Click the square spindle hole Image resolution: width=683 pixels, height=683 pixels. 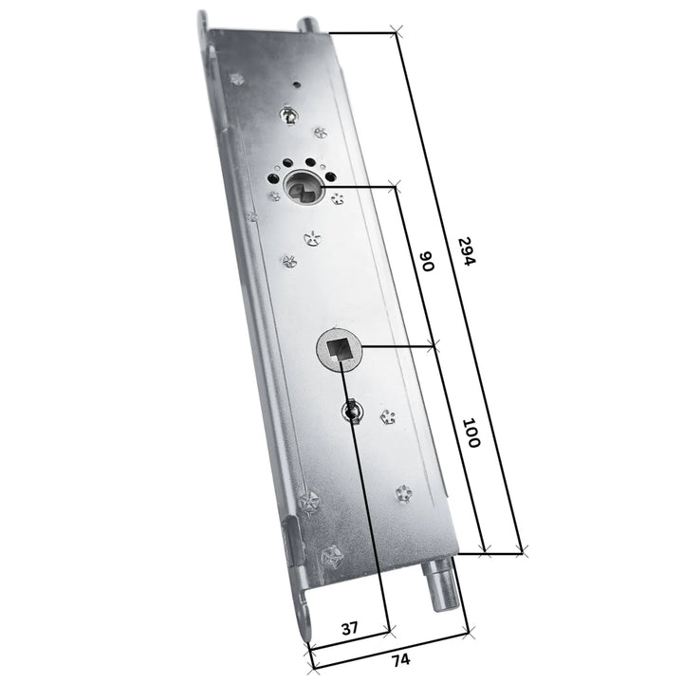(339, 350)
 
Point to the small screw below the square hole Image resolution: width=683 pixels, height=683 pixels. (352, 411)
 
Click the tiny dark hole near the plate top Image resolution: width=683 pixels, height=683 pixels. (297, 83)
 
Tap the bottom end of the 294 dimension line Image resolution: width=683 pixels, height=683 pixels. (522, 551)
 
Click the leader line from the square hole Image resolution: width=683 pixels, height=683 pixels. (398, 347)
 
